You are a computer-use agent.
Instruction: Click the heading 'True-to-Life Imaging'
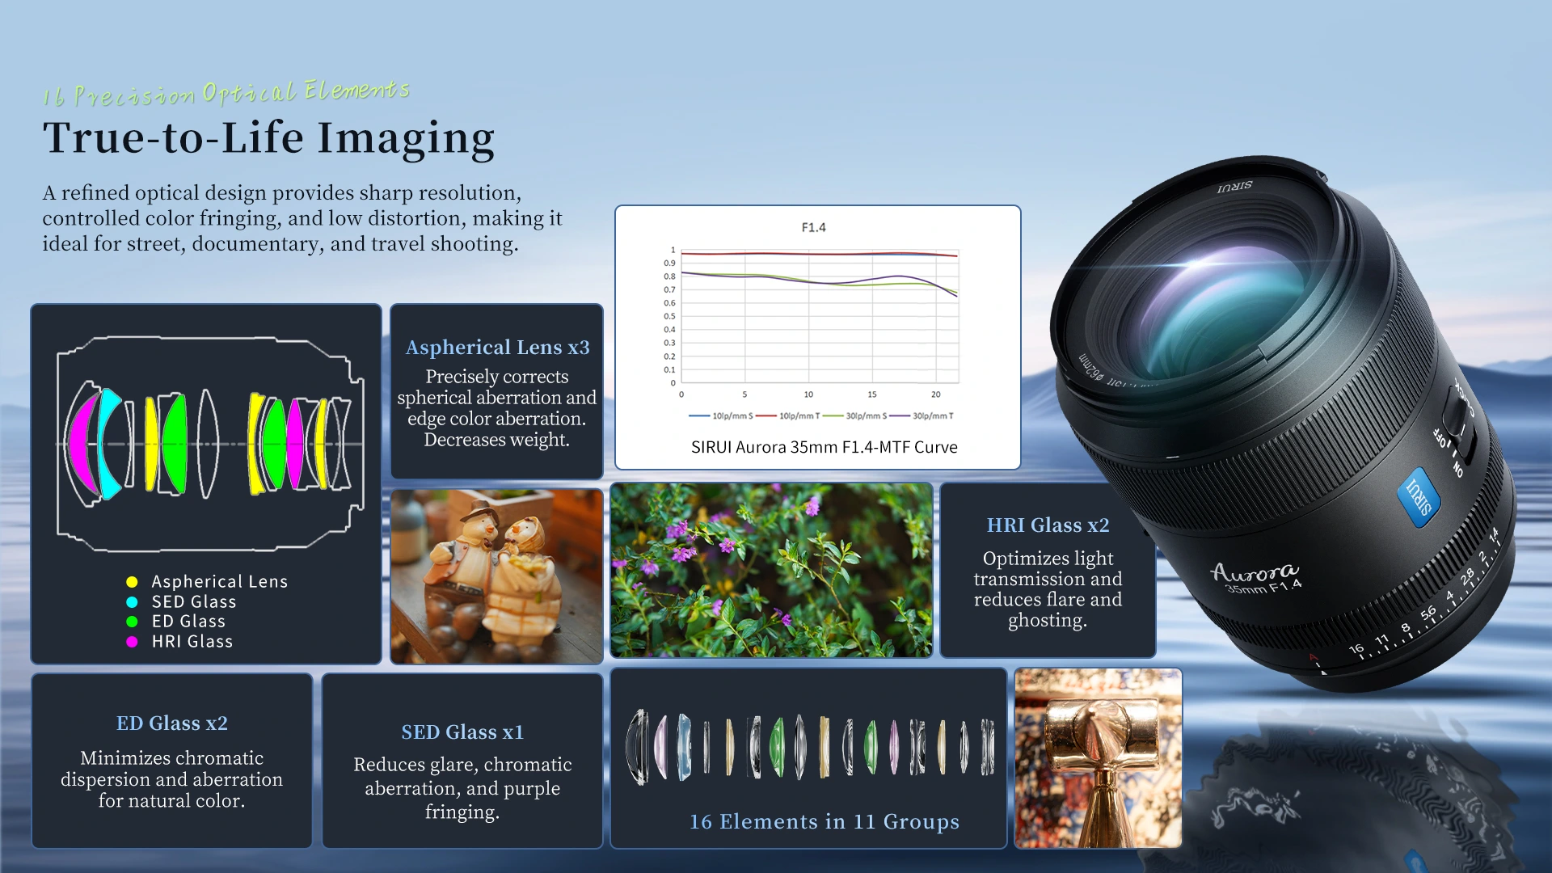(x=268, y=138)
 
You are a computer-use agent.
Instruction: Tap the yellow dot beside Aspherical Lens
(x=132, y=582)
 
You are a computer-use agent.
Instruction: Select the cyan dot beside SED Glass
(x=132, y=602)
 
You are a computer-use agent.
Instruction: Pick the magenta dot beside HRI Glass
(x=132, y=642)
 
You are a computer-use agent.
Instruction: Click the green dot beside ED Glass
(x=132, y=622)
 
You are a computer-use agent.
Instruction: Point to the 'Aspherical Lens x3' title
(x=497, y=348)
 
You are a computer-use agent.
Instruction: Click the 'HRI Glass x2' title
(x=1048, y=525)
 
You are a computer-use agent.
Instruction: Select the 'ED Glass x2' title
(x=172, y=723)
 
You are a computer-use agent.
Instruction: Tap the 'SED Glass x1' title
(x=462, y=732)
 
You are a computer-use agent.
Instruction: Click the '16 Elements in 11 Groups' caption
(x=824, y=822)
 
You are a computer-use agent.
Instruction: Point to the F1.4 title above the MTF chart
(x=813, y=228)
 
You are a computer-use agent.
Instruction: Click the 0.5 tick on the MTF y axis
(x=669, y=316)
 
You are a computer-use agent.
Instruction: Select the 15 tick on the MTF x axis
(x=872, y=394)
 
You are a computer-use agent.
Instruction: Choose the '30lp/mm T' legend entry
(x=922, y=416)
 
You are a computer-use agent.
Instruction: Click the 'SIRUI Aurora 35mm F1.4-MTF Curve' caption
(x=824, y=448)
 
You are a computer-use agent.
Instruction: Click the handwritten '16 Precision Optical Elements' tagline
(x=226, y=93)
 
